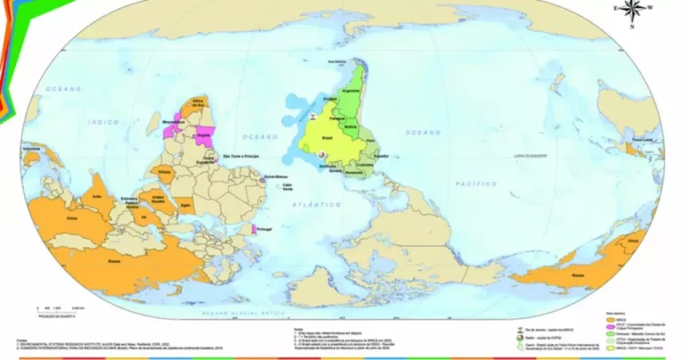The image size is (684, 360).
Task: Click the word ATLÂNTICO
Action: tap(319, 204)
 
